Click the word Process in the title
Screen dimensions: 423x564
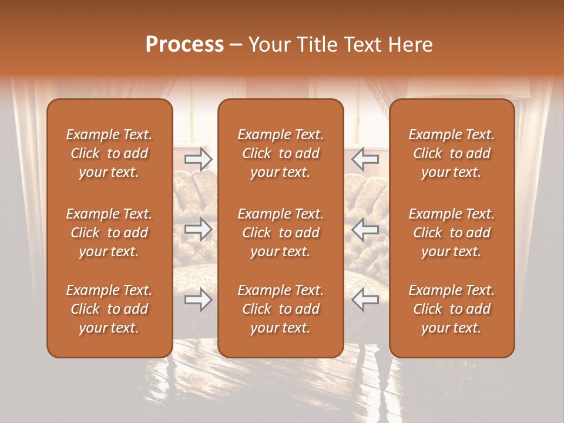(184, 45)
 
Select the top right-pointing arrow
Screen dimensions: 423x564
(198, 159)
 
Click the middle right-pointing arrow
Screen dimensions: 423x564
(198, 230)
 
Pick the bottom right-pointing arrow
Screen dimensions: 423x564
(198, 300)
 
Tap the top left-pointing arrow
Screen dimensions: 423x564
(365, 159)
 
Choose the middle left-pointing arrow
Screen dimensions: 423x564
(365, 230)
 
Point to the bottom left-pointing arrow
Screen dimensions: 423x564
(365, 300)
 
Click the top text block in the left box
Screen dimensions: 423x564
(109, 153)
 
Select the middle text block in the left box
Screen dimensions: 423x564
(109, 233)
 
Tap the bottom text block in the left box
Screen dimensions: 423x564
(109, 309)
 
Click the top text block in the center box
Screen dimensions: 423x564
(280, 153)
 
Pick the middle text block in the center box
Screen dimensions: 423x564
(280, 233)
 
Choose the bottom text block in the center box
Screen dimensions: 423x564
(280, 309)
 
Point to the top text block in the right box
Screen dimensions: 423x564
(451, 153)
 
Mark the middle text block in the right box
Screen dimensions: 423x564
(451, 233)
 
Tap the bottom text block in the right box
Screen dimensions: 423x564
(451, 309)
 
